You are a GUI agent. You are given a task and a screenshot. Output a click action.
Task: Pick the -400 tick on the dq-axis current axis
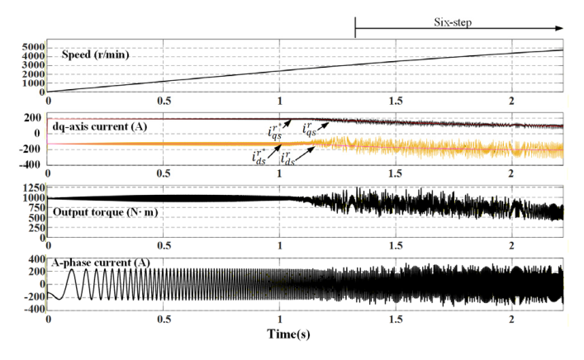click(31, 164)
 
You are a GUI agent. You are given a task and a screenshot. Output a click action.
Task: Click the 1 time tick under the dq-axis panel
click(281, 175)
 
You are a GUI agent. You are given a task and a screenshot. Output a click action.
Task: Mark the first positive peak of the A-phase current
click(71, 270)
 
